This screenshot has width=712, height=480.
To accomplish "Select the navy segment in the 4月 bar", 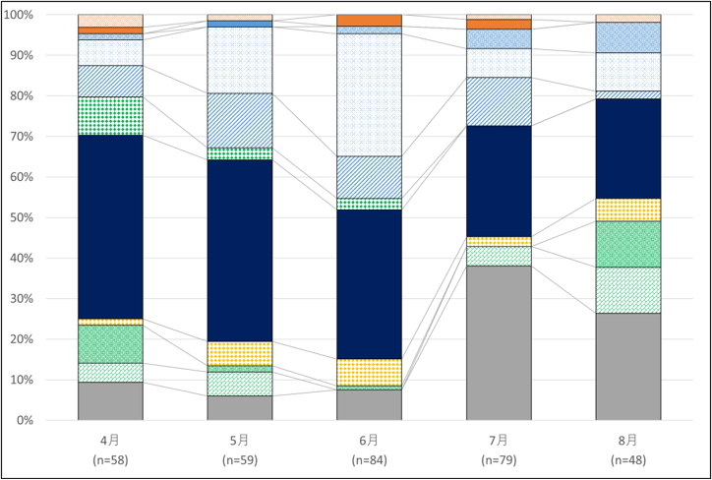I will point(110,226).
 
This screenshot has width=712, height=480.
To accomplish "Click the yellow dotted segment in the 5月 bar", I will point(239,353).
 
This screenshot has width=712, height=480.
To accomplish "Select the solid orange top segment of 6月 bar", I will point(369,21).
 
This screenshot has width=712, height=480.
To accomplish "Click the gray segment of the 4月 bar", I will point(110,400).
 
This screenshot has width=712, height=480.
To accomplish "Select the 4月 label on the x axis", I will point(110,440).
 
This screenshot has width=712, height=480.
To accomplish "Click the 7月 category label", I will point(499,440).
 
